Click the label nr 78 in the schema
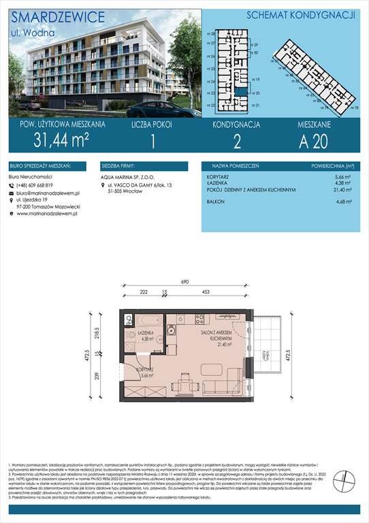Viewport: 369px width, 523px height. click(355, 108)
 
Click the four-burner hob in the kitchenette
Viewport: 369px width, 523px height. click(199, 318)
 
